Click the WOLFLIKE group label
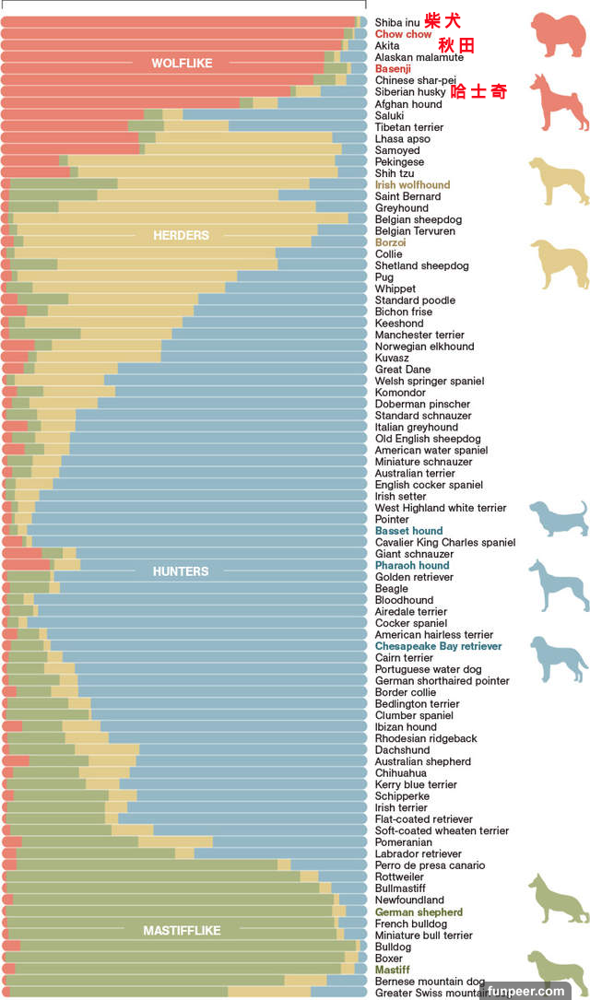[x=182, y=64]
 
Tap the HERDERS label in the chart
[x=181, y=236]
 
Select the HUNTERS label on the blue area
[x=181, y=571]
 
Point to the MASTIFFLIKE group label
[x=182, y=931]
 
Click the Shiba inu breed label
[x=397, y=22]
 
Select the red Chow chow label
[x=403, y=34]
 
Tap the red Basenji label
[x=393, y=69]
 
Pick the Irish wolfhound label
[x=412, y=185]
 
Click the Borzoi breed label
[x=390, y=242]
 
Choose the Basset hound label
[x=408, y=531]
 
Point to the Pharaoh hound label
[x=411, y=566]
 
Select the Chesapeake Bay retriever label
[x=438, y=646]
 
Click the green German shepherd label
[x=419, y=912]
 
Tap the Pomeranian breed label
[x=403, y=842]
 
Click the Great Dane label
[x=402, y=370]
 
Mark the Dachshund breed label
[x=402, y=750]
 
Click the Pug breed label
[x=383, y=277]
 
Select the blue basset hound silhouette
[x=558, y=518]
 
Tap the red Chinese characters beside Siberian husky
[x=479, y=91]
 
